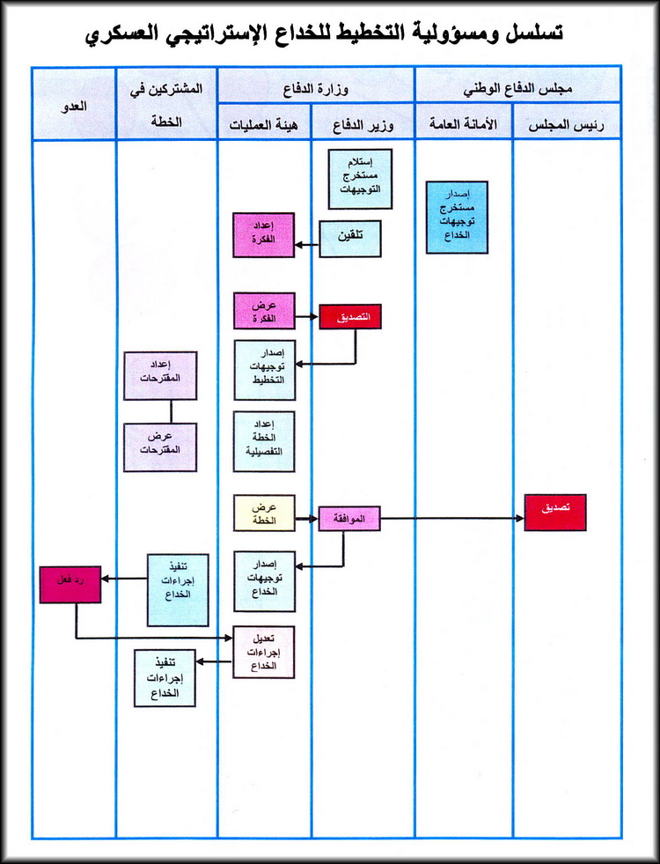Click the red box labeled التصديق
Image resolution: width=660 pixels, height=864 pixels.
point(350,315)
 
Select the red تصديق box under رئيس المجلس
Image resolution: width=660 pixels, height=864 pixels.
point(554,512)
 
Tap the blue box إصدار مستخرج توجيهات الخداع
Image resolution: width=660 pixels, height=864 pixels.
point(456,217)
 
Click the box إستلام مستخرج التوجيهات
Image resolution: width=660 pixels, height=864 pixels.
point(361,177)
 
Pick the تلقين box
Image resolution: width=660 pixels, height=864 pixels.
point(349,239)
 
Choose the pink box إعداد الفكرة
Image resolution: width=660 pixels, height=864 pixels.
point(263,235)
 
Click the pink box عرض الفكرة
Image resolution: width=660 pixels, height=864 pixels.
point(263,311)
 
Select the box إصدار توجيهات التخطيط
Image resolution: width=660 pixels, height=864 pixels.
point(264,370)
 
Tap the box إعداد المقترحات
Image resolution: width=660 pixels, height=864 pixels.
point(160,375)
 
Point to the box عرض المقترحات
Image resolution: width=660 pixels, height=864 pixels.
point(160,447)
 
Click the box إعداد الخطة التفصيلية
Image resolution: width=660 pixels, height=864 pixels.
point(264,440)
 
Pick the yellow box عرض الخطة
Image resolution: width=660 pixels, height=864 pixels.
point(264,513)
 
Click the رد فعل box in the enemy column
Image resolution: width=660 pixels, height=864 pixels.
point(70,585)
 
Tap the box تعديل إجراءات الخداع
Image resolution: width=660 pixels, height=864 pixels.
point(263,652)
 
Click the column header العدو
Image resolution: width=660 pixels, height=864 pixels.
point(75,105)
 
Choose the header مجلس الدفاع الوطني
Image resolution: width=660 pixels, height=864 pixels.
point(517,87)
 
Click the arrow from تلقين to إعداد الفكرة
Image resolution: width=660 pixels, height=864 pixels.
point(305,243)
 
